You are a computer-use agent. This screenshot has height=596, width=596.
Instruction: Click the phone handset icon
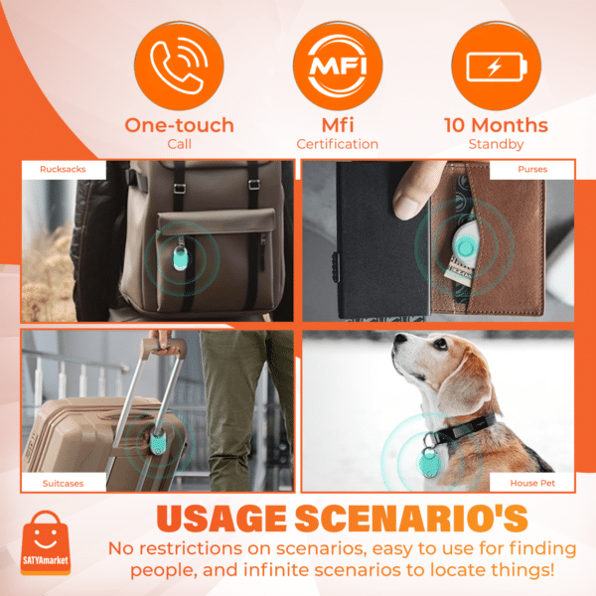(179, 62)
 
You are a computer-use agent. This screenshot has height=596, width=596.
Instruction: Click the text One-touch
(179, 125)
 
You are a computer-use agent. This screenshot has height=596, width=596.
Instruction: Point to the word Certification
(338, 145)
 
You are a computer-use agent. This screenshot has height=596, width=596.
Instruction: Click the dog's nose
(398, 343)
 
